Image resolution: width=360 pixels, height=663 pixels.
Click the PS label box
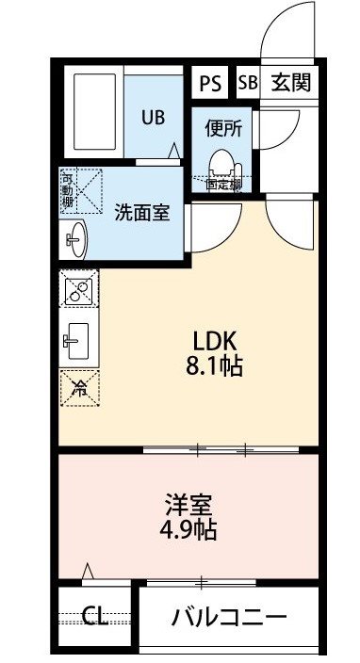tap(210, 83)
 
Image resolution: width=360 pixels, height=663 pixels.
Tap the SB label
tap(248, 83)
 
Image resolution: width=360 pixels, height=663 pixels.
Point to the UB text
tap(153, 118)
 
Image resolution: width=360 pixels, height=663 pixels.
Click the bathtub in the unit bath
tap(95, 111)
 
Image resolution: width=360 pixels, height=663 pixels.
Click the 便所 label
tap(223, 129)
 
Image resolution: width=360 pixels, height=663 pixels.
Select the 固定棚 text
tap(223, 185)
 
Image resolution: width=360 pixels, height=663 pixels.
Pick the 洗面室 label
tap(142, 213)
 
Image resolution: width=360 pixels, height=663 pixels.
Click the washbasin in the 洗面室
tap(76, 239)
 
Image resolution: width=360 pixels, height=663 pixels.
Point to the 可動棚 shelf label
tap(67, 189)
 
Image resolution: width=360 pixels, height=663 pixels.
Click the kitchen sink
tap(76, 341)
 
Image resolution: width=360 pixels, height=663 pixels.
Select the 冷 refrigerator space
tap(79, 388)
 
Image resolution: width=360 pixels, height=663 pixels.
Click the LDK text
tap(215, 340)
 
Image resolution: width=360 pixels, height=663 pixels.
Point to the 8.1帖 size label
tap(215, 366)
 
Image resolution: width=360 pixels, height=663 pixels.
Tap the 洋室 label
tap(188, 506)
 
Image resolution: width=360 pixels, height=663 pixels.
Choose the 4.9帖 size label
tap(188, 529)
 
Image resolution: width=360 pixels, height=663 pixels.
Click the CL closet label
tap(95, 616)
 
